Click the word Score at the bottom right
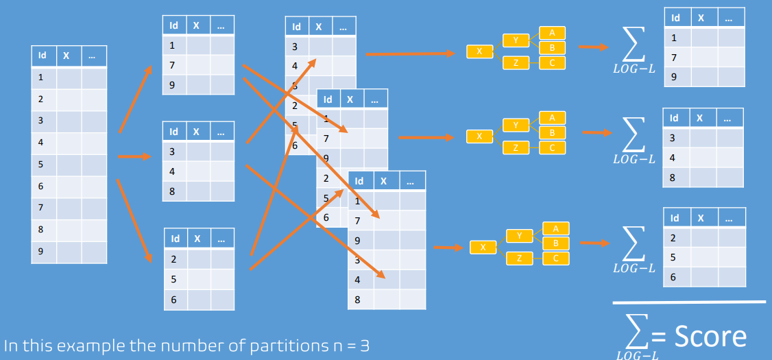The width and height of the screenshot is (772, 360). click(x=710, y=335)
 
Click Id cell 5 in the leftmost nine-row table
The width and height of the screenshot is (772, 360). click(x=40, y=164)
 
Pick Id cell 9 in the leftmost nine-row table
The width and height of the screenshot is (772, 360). click(x=40, y=252)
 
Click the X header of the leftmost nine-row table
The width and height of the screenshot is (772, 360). click(x=66, y=55)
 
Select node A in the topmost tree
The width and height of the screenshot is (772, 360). click(x=552, y=33)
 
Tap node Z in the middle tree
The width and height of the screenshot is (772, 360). click(x=516, y=147)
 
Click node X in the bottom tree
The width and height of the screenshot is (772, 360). click(x=483, y=247)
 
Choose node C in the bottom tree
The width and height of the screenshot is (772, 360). click(x=556, y=259)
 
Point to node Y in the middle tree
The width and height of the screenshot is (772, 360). click(x=516, y=125)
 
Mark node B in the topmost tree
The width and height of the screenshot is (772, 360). click(x=552, y=48)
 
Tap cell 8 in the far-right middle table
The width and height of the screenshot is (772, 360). click(x=672, y=178)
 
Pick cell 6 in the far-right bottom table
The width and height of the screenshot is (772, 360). click(x=673, y=277)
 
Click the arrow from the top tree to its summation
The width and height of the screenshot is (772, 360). click(x=593, y=47)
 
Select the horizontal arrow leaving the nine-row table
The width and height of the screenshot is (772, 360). click(x=134, y=156)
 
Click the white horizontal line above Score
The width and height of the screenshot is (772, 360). click(x=689, y=302)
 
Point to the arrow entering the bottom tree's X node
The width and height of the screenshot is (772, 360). click(x=448, y=248)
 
